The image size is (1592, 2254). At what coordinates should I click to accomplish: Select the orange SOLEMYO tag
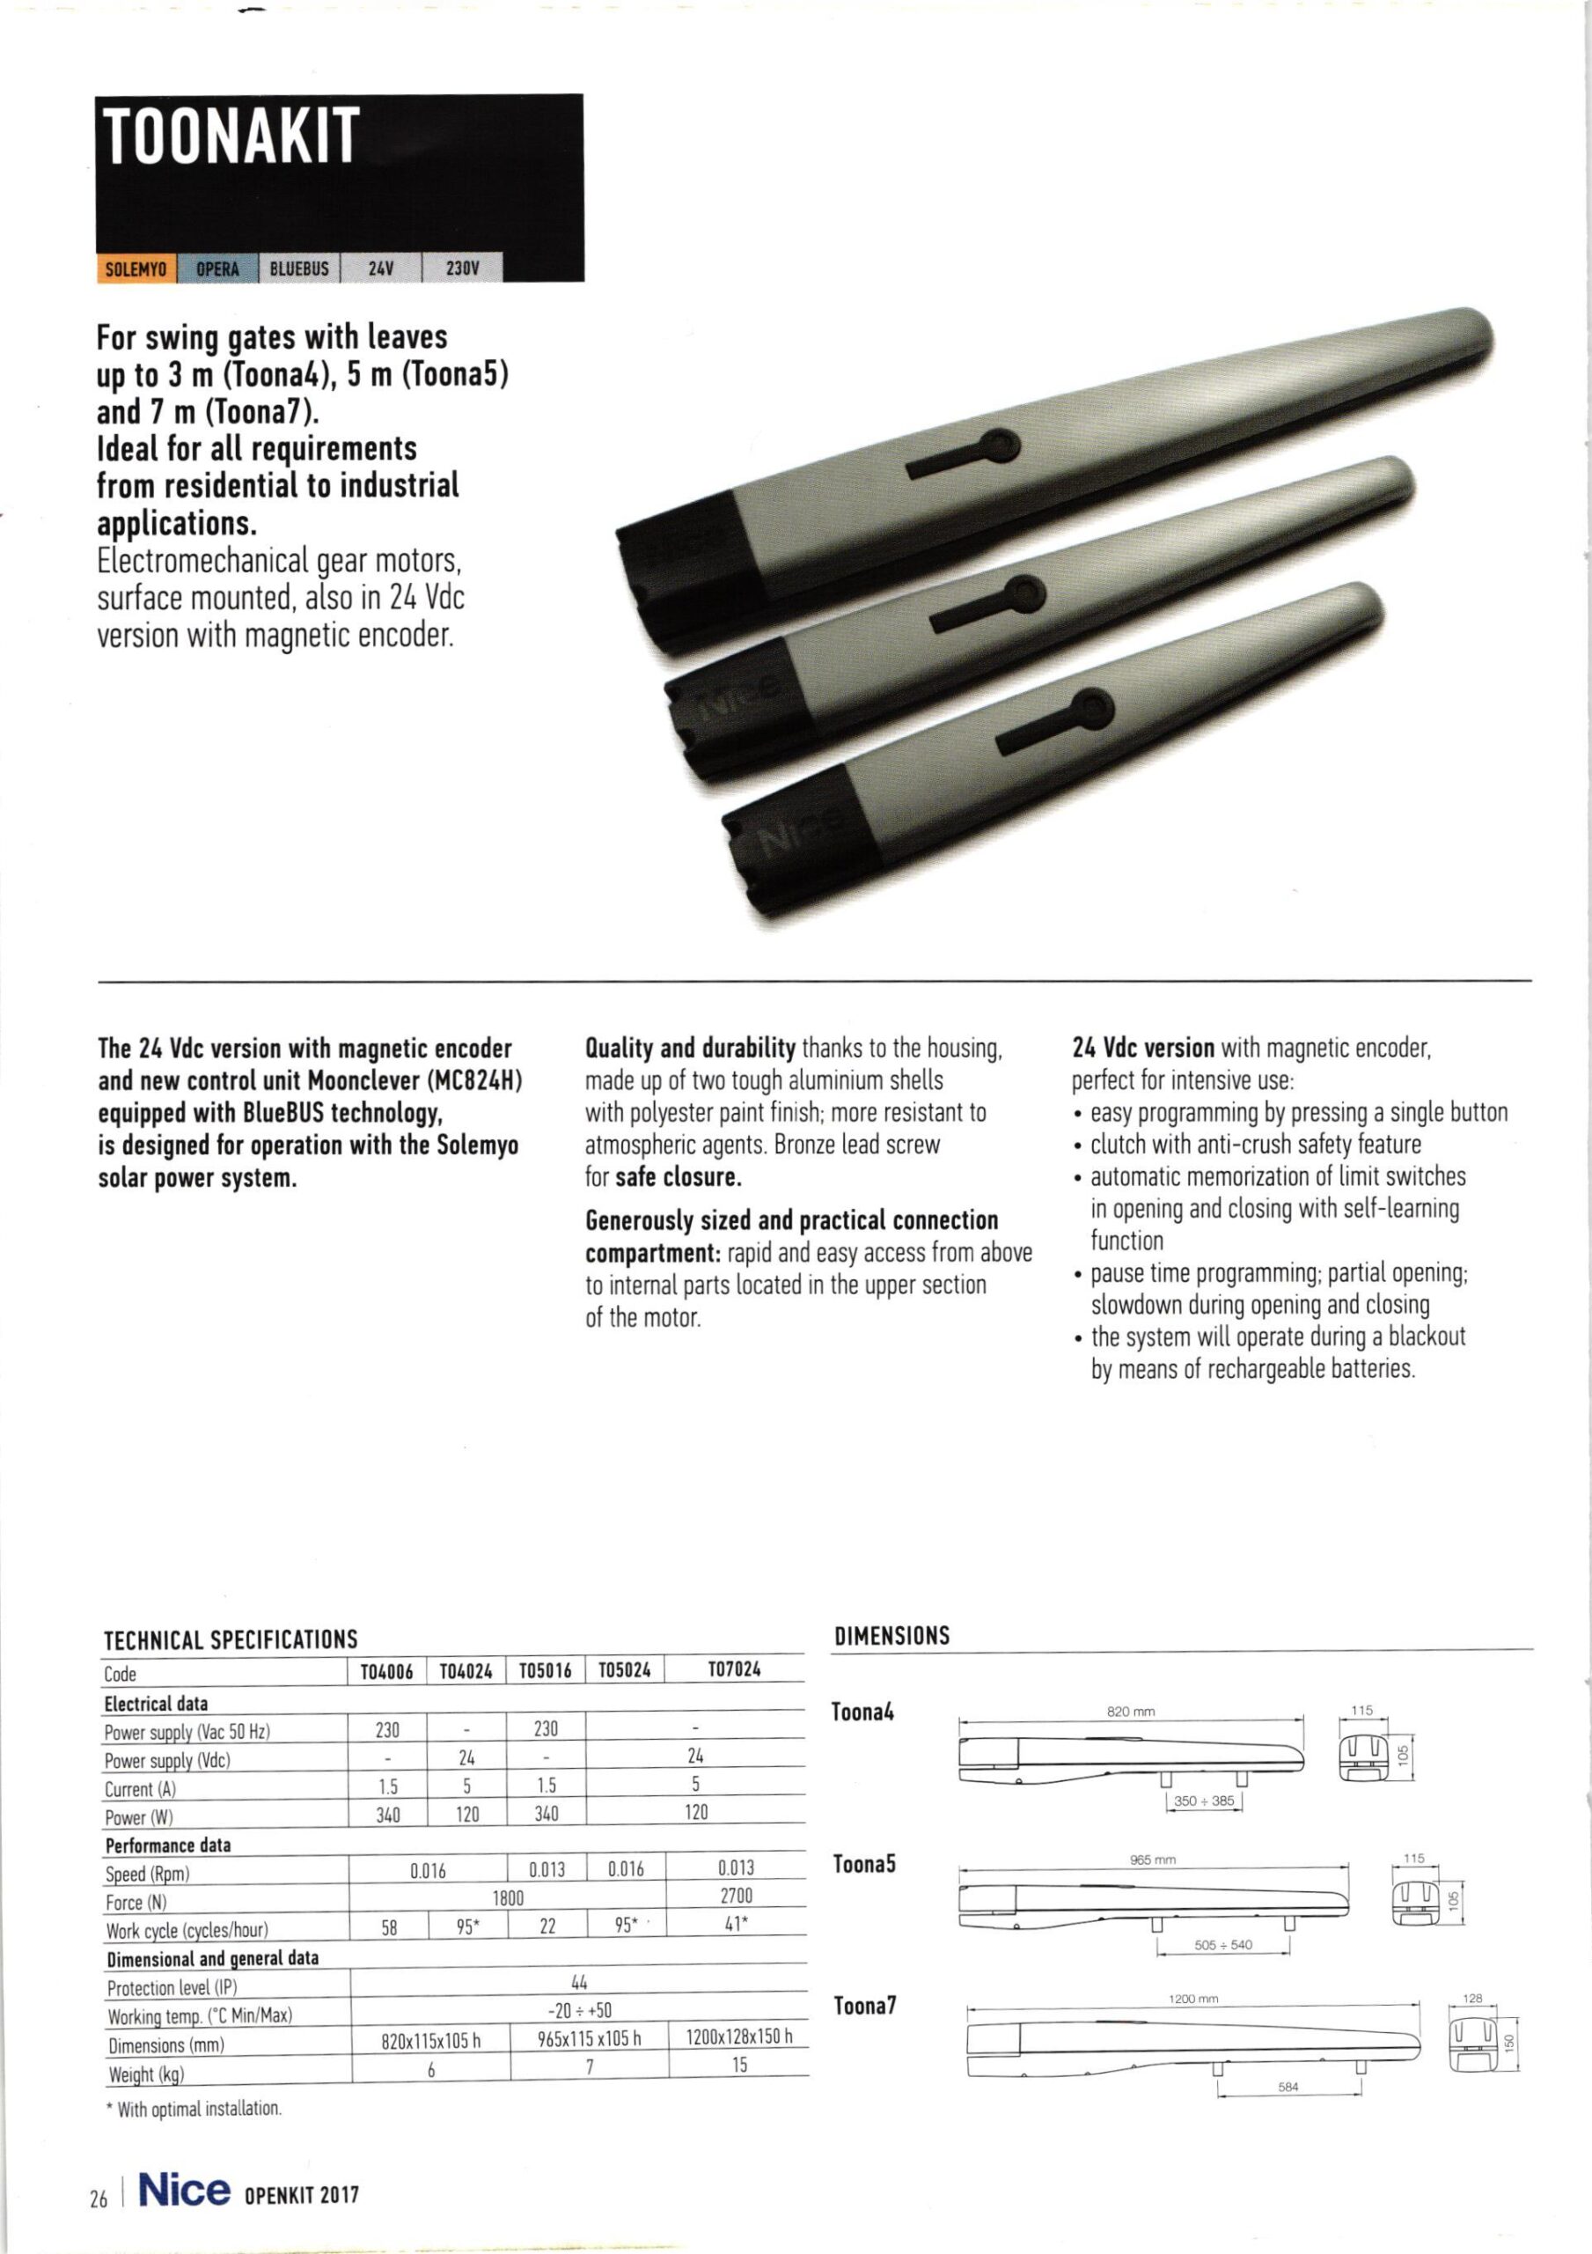pos(136,268)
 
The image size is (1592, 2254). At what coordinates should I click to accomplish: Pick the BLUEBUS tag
pos(298,268)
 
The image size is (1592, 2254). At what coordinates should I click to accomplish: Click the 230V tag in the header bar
pos(461,268)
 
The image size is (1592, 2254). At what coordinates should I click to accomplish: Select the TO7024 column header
pos(735,1668)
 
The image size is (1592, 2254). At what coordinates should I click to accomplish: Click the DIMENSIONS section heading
pos(891,1637)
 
